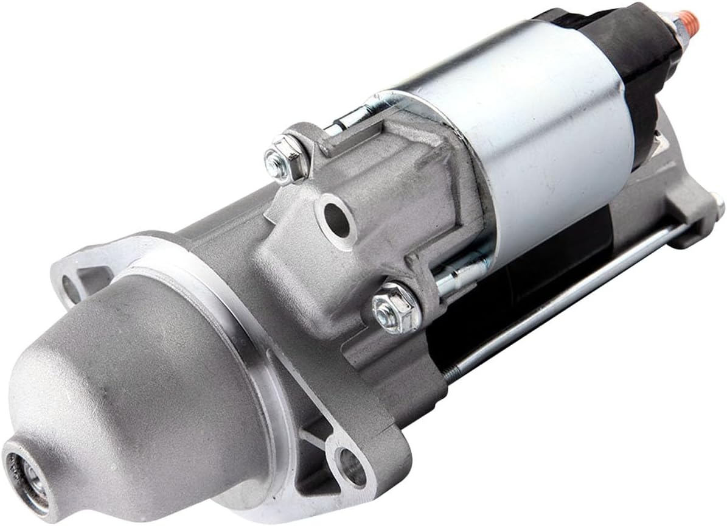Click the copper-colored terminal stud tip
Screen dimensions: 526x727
pos(690,21)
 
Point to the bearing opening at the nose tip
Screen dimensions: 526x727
pos(28,479)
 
